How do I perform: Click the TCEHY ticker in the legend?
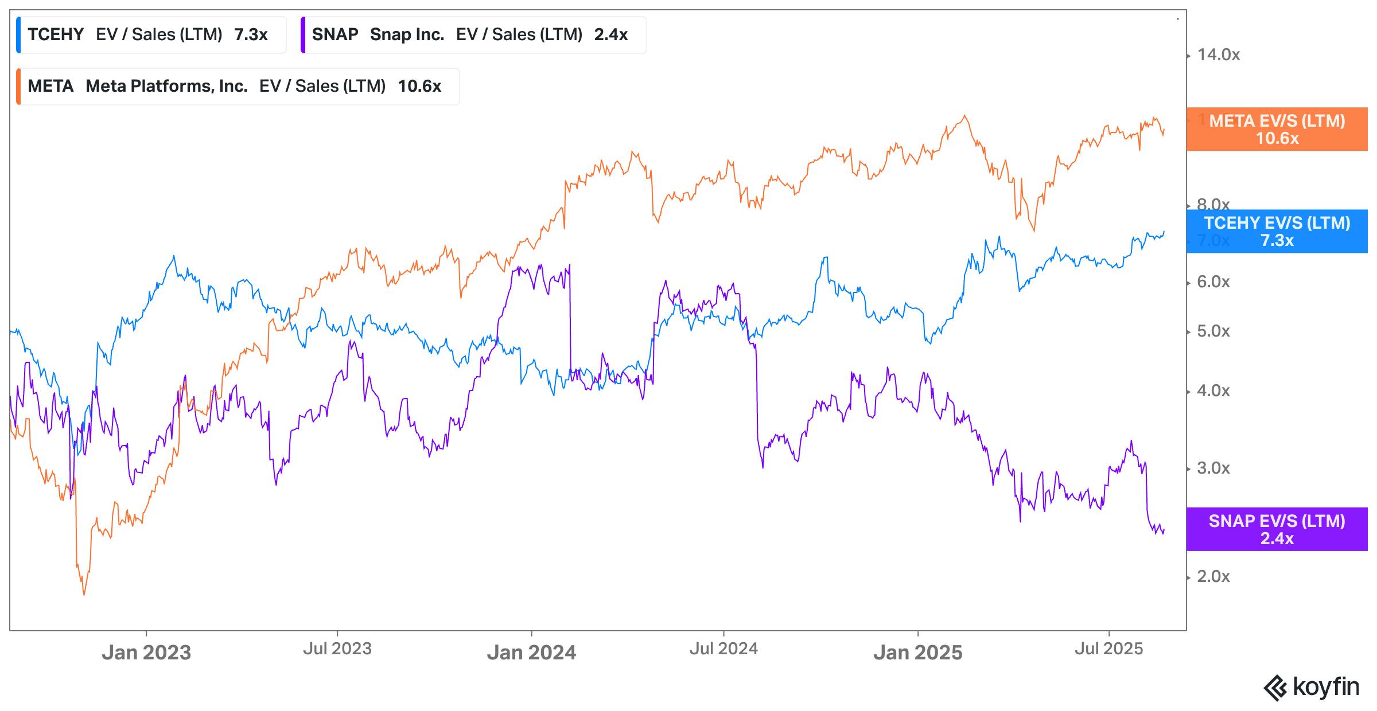click(x=56, y=35)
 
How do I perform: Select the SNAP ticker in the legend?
click(x=334, y=35)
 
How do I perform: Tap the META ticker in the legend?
click(x=50, y=87)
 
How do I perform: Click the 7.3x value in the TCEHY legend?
click(x=251, y=35)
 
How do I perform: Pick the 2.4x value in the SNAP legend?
click(x=610, y=35)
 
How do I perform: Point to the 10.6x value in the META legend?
click(x=419, y=87)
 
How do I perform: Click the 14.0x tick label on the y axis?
click(x=1218, y=55)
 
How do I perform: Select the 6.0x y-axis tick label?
click(x=1213, y=282)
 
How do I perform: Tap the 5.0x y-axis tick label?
click(x=1213, y=331)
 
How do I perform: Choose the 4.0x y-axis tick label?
click(x=1213, y=391)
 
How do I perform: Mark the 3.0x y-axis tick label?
click(x=1213, y=468)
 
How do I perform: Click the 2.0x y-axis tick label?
click(x=1213, y=577)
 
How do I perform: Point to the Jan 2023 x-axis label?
click(x=146, y=653)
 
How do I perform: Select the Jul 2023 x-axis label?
click(x=337, y=649)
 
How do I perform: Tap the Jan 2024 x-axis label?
click(x=531, y=653)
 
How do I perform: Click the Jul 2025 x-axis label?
click(x=1108, y=649)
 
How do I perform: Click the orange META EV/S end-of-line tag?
click(x=1277, y=130)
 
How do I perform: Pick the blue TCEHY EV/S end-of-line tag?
click(x=1277, y=232)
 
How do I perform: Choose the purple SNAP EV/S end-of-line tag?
click(x=1277, y=529)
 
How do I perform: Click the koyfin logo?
click(x=1311, y=687)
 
